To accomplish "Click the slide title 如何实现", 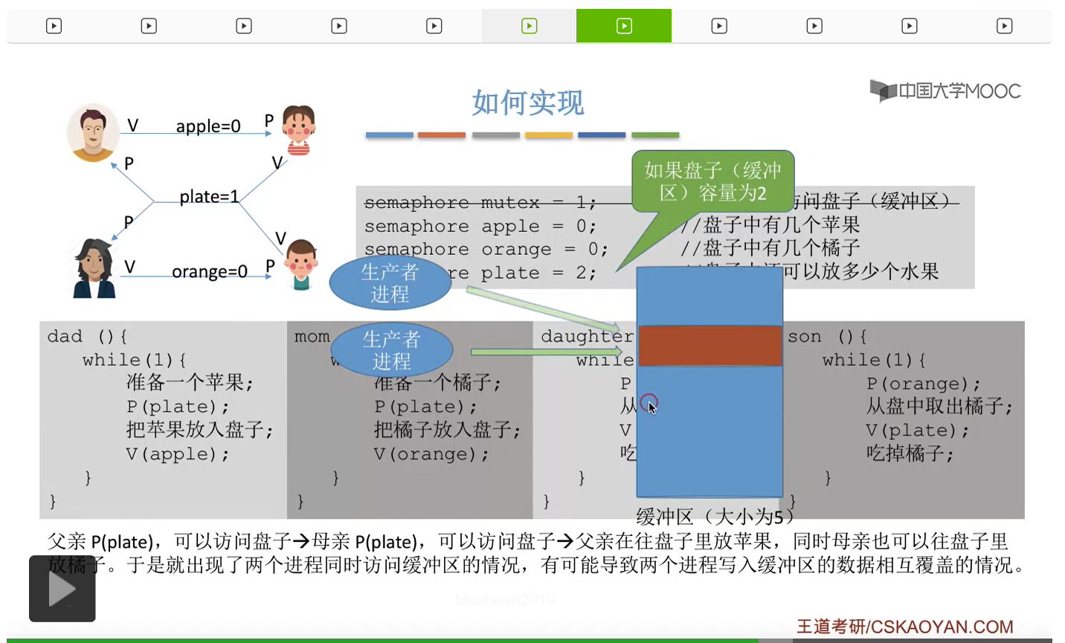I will pyautogui.click(x=528, y=103).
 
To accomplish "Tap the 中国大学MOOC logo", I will pyautogui.click(x=946, y=91).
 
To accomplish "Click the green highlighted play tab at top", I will pyautogui.click(x=623, y=26).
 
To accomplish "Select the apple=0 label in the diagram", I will pyautogui.click(x=208, y=126).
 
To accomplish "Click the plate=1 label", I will pyautogui.click(x=209, y=197).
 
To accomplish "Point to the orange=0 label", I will pyautogui.click(x=209, y=272).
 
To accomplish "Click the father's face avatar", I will pyautogui.click(x=93, y=132).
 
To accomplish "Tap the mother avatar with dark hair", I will pyautogui.click(x=94, y=268).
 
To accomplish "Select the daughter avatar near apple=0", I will pyautogui.click(x=299, y=131).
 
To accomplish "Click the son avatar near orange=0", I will pyautogui.click(x=301, y=264).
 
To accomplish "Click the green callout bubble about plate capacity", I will pyautogui.click(x=712, y=181).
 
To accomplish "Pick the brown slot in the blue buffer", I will pyautogui.click(x=710, y=346).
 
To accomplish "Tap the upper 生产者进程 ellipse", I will pyautogui.click(x=390, y=282).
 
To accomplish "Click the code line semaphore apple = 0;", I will pyautogui.click(x=480, y=226).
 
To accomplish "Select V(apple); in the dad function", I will pyautogui.click(x=178, y=454).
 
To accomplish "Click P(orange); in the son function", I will pyautogui.click(x=923, y=384).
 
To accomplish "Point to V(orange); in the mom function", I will pyautogui.click(x=431, y=454).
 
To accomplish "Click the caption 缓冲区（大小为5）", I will pyautogui.click(x=715, y=516).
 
